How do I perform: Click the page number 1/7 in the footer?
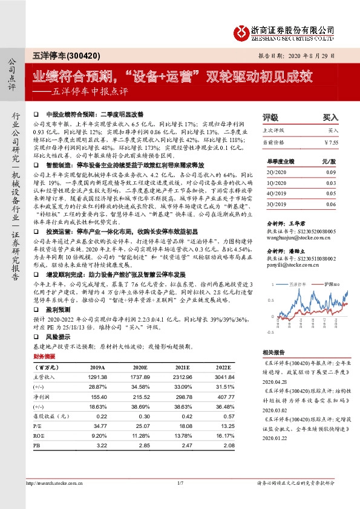[179, 483]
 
